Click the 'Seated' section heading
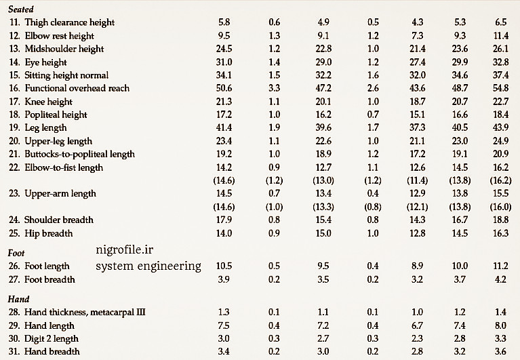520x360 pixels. (x=20, y=9)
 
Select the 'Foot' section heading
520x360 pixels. (x=16, y=254)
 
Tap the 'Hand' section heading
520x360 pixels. (x=18, y=299)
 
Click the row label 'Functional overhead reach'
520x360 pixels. (x=77, y=88)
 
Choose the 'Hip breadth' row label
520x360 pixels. (x=48, y=233)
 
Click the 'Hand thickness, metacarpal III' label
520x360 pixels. (x=85, y=312)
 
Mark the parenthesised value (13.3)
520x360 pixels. (x=324, y=207)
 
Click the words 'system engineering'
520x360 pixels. (x=148, y=266)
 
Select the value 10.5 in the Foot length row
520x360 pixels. (x=224, y=266)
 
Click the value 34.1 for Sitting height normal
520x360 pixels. (x=224, y=75)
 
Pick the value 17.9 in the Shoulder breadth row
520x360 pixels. (x=224, y=220)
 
